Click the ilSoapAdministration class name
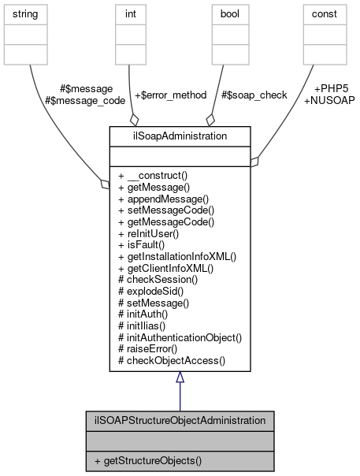click(x=180, y=136)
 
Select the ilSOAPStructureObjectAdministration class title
click(x=180, y=421)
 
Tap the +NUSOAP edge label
click(x=328, y=101)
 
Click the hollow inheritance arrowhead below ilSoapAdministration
click(x=180, y=377)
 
